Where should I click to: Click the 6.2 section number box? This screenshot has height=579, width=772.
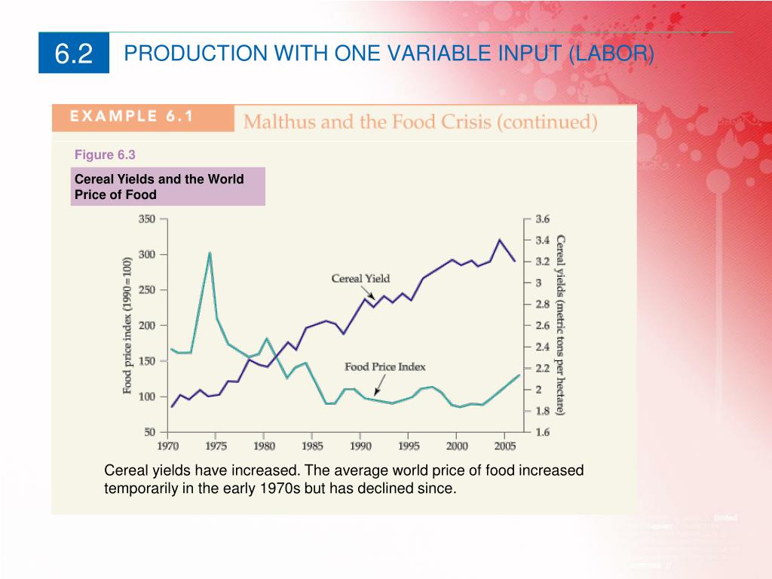pyautogui.click(x=74, y=54)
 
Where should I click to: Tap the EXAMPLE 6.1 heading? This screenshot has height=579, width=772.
pyautogui.click(x=132, y=117)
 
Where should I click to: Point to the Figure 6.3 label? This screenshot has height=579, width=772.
pyautogui.click(x=105, y=155)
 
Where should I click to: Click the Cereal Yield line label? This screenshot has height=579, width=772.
pyautogui.click(x=360, y=278)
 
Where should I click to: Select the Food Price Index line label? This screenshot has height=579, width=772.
pyautogui.click(x=384, y=367)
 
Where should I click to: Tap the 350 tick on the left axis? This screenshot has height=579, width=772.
pyautogui.click(x=146, y=219)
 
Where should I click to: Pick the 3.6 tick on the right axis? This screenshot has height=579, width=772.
pyautogui.click(x=543, y=219)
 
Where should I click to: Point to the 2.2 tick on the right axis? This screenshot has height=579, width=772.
pyautogui.click(x=543, y=369)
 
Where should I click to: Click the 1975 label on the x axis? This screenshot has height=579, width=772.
pyautogui.click(x=217, y=446)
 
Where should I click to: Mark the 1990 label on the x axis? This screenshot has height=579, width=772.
pyautogui.click(x=360, y=446)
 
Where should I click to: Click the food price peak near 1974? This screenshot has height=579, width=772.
pyautogui.click(x=210, y=253)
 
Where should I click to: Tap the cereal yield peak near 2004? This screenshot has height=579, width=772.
pyautogui.click(x=499, y=240)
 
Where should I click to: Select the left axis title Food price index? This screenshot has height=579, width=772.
pyautogui.click(x=127, y=324)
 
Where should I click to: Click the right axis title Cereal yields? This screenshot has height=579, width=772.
pyautogui.click(x=561, y=324)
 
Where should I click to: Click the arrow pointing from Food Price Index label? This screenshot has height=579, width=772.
pyautogui.click(x=378, y=385)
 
